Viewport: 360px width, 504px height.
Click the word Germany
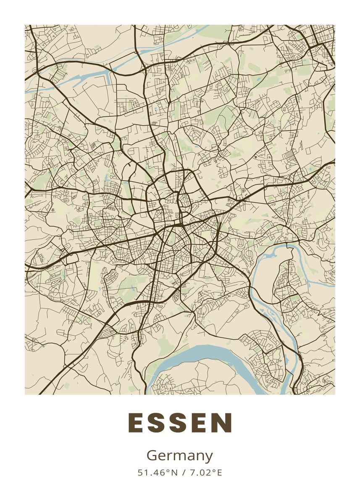[x=180, y=456]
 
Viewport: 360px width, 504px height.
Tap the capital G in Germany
[x=152, y=455]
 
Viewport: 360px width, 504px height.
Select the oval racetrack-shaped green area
[x=254, y=67]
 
